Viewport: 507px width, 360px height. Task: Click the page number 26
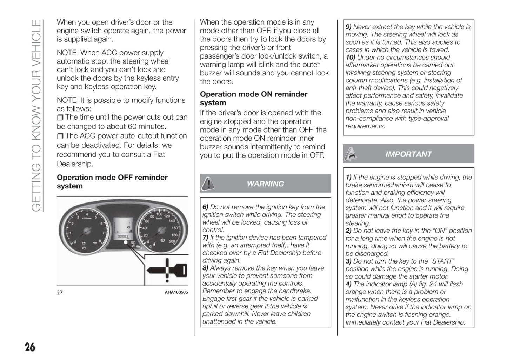(x=30, y=347)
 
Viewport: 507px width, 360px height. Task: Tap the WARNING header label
(x=265, y=184)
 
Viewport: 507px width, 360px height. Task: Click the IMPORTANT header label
(x=408, y=154)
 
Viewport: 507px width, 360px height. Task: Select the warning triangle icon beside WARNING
(x=208, y=184)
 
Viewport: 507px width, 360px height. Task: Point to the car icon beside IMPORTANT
(x=351, y=154)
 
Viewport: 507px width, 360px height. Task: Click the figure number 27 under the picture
(x=60, y=292)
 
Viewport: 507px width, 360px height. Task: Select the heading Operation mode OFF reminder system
(x=112, y=182)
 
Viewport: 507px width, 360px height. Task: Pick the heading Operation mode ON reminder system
(x=253, y=99)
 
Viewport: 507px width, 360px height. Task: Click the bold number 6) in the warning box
(x=206, y=207)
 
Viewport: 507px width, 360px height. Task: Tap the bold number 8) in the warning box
(x=206, y=268)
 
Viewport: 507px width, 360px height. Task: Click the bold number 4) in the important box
(x=349, y=284)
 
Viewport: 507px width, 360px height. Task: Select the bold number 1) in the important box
(x=349, y=177)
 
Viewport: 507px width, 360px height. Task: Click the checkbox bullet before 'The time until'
(x=60, y=118)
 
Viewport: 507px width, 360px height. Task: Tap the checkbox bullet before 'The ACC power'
(x=60, y=136)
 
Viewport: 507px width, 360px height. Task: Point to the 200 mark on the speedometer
(x=172, y=241)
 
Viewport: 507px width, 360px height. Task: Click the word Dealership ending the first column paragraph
(x=75, y=164)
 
